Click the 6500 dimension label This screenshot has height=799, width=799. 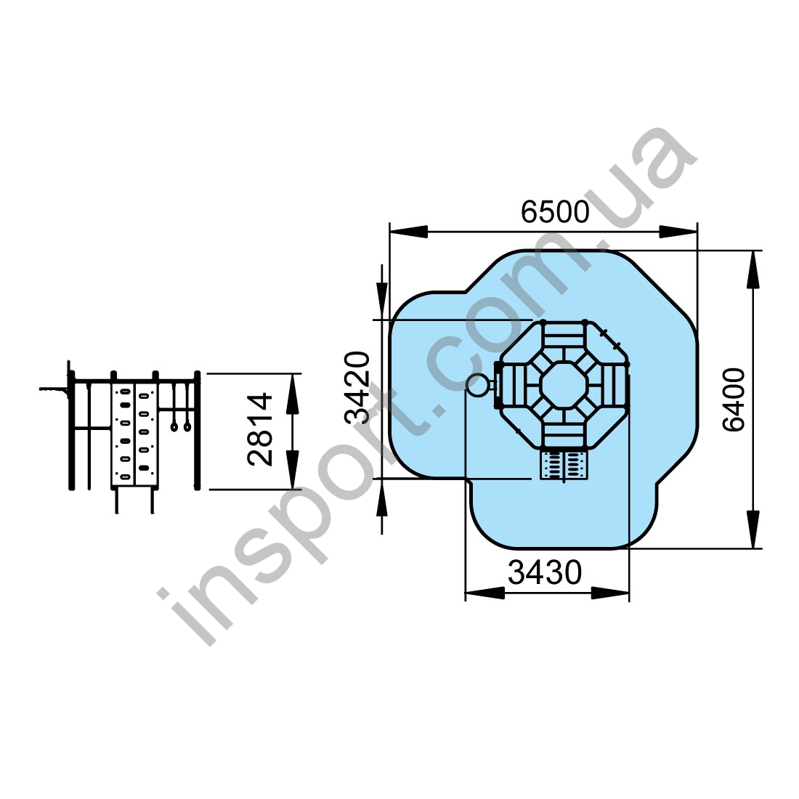[x=555, y=212]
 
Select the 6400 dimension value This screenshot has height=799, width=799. [x=734, y=399]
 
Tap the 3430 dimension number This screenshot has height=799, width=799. [x=545, y=573]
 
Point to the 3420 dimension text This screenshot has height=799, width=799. [x=357, y=388]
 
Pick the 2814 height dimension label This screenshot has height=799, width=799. [x=260, y=429]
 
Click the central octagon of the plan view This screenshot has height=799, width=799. [x=564, y=384]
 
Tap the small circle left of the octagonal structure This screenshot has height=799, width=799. [x=477, y=385]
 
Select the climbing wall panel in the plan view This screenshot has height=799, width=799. [x=564, y=465]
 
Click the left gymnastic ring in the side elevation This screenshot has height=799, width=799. [x=174, y=426]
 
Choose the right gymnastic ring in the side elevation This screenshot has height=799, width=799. [x=187, y=426]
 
